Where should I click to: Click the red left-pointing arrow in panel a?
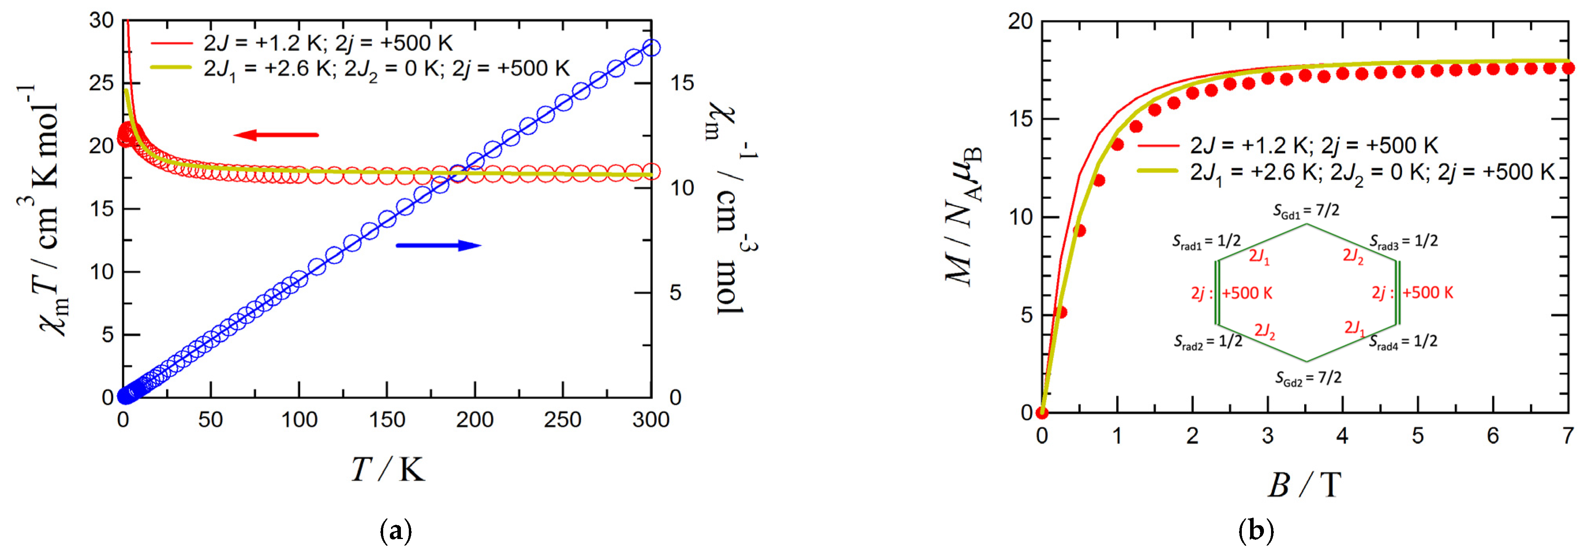click(x=275, y=135)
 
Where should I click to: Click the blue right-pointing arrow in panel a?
click(x=438, y=245)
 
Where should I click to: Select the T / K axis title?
click(x=388, y=471)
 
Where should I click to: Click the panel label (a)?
click(x=396, y=530)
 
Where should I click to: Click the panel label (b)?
click(x=1256, y=530)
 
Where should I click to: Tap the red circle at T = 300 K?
click(x=651, y=172)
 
